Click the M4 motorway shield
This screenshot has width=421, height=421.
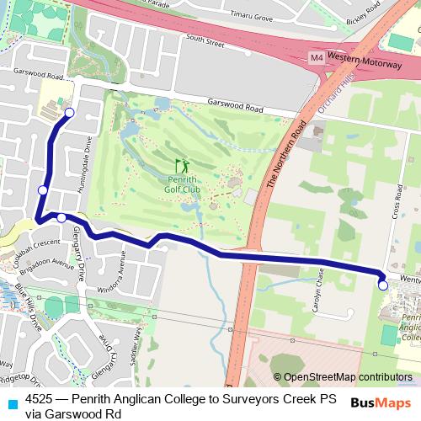click(x=316, y=58)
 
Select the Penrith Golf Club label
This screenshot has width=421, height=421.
click(x=183, y=184)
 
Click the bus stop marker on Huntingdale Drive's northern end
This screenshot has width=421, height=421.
click(x=69, y=112)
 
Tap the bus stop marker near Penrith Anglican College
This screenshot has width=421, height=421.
click(x=383, y=285)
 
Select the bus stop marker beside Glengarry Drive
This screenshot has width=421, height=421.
click(x=61, y=218)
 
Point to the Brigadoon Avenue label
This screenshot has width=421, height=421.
click(x=51, y=262)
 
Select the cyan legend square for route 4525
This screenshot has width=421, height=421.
click(x=11, y=403)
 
